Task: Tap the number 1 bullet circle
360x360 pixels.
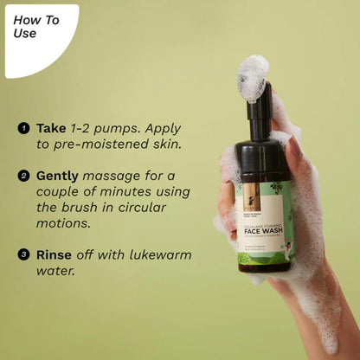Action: click(x=23, y=128)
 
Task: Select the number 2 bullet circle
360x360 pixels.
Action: click(x=23, y=176)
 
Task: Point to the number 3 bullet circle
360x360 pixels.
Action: click(x=23, y=255)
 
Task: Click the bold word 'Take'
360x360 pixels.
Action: click(x=50, y=128)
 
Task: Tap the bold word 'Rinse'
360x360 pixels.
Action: click(x=55, y=255)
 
